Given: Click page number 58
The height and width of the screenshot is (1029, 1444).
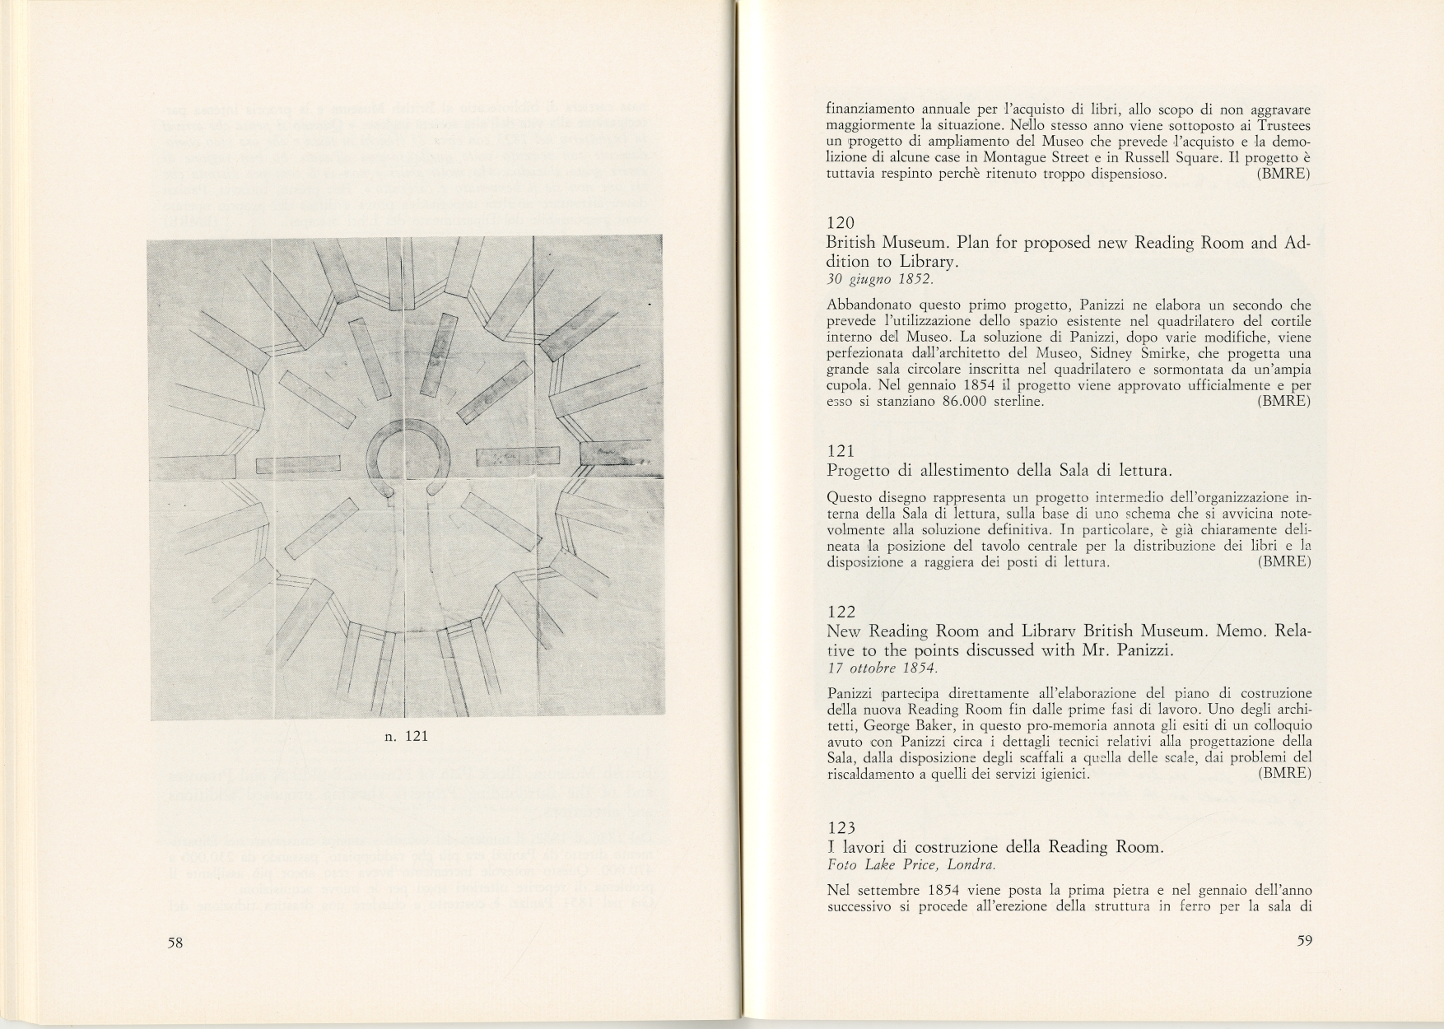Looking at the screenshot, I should pyautogui.click(x=175, y=943).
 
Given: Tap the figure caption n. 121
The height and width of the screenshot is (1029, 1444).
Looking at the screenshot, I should pyautogui.click(x=407, y=736).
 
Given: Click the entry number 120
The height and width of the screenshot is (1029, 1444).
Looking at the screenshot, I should pyautogui.click(x=840, y=223).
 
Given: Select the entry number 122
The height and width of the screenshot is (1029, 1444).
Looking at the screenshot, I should pyautogui.click(x=840, y=612).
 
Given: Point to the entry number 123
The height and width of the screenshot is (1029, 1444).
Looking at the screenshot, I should pyautogui.click(x=840, y=827).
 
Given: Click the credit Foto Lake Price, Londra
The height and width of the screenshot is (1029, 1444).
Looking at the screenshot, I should pyautogui.click(x=911, y=865).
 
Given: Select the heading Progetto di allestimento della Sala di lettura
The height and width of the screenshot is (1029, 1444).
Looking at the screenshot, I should pyautogui.click(x=998, y=470).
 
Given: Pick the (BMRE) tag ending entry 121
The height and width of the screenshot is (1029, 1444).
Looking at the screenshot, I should pyautogui.click(x=1284, y=562).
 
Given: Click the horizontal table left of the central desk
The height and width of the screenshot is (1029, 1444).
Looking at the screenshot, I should pyautogui.click(x=298, y=465).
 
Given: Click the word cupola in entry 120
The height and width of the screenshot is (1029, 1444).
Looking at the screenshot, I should pyautogui.click(x=848, y=385).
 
